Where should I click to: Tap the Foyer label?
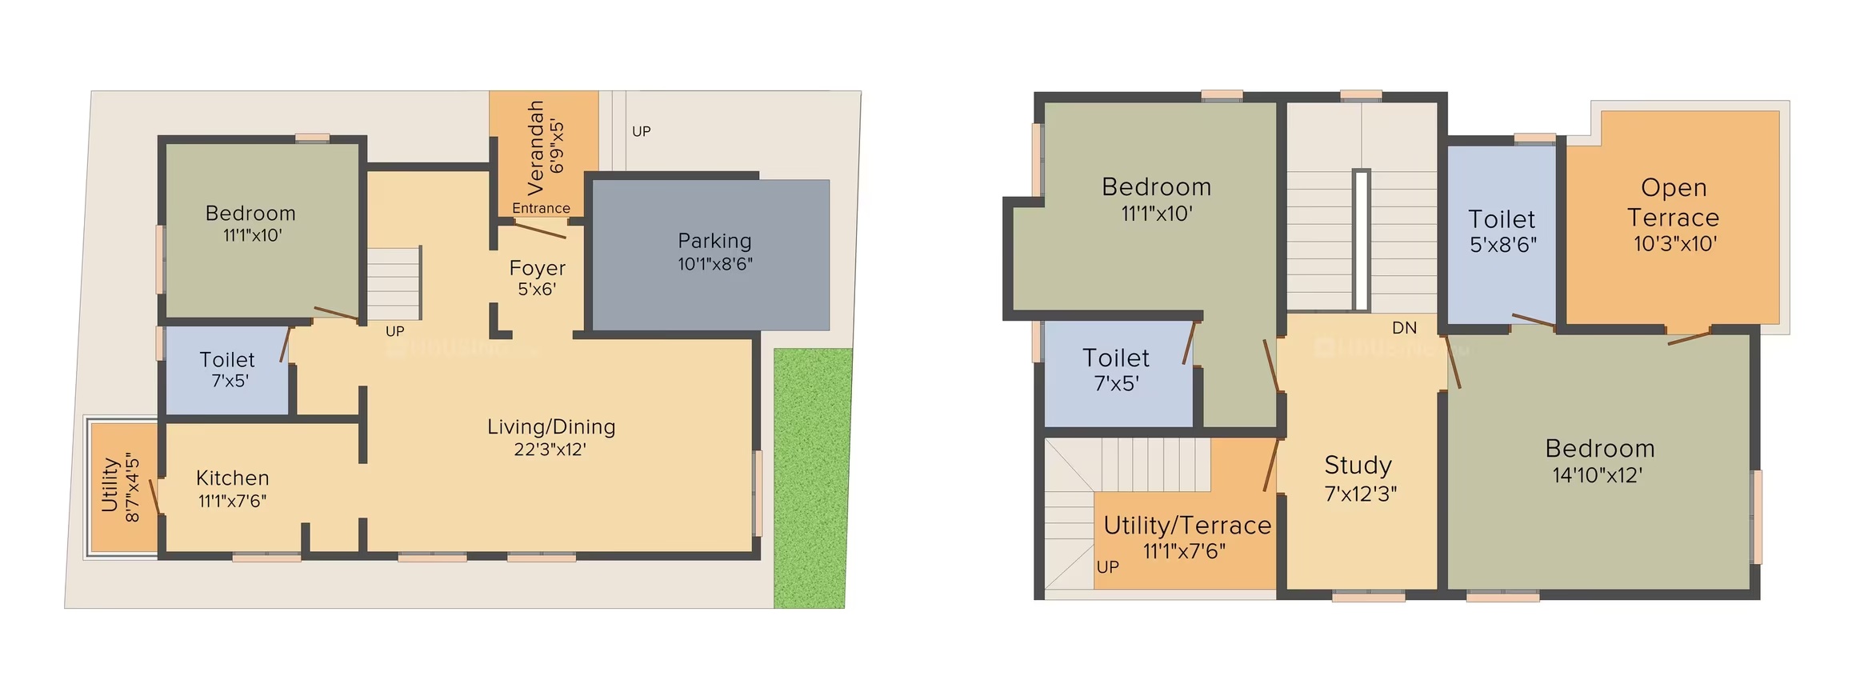click(537, 268)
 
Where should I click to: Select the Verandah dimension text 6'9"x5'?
click(557, 146)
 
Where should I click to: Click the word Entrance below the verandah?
click(541, 208)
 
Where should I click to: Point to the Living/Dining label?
click(551, 427)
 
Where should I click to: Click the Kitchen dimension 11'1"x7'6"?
click(232, 501)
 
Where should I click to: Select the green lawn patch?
click(811, 478)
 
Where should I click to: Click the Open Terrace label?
click(1673, 202)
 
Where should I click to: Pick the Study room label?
click(1358, 465)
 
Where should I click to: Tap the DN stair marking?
click(1404, 327)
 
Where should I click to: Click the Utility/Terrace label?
click(1187, 526)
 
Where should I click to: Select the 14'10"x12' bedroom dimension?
click(1597, 475)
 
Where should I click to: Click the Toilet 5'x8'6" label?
click(1502, 231)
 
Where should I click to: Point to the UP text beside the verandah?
click(642, 131)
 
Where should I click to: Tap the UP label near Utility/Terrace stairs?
click(1108, 566)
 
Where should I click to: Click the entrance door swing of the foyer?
click(539, 230)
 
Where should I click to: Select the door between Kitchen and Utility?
click(154, 497)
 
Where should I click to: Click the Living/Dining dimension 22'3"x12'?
click(550, 450)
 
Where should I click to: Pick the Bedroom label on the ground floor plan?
click(250, 214)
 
